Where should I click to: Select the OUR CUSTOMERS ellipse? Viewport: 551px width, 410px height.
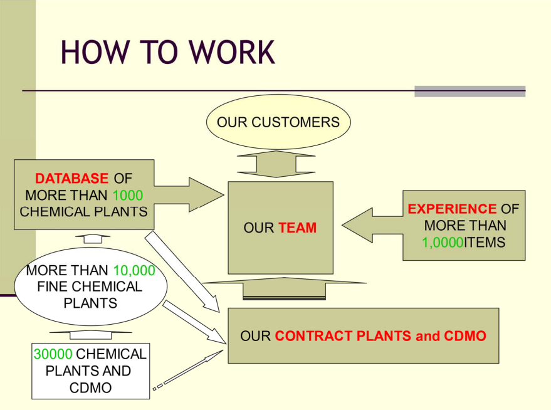pos(278,122)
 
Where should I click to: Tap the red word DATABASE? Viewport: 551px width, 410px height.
pos(71,179)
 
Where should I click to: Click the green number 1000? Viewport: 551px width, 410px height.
pos(127,196)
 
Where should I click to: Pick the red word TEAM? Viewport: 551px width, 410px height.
pos(298,228)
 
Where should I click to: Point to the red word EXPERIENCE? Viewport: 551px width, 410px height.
pos(452,209)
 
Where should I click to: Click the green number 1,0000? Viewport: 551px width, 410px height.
pos(443,243)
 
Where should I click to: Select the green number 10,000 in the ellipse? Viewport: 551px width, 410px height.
pos(134,271)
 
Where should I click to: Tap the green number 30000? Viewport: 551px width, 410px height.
pos(53,354)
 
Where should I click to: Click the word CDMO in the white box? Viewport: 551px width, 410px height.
pos(90,388)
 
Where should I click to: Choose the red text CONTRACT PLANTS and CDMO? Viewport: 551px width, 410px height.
pos(380,336)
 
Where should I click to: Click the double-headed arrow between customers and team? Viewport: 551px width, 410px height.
pos(276,164)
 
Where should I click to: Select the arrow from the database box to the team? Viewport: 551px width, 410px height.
pos(189,194)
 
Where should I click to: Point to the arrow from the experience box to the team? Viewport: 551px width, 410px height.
pos(372,225)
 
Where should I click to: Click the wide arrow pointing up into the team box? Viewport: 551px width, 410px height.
pos(285,288)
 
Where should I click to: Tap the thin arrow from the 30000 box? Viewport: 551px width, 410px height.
pos(188,370)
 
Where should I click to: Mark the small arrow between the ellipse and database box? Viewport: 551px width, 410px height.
pos(93,239)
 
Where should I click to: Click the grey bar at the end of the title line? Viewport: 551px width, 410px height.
pos(470,92)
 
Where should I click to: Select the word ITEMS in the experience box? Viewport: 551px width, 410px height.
pos(484,243)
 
